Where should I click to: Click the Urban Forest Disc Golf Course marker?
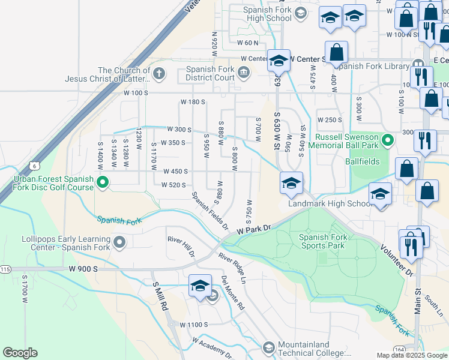102,181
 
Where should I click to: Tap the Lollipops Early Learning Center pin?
119,242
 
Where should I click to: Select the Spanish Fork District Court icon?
244,73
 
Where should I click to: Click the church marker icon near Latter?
158,74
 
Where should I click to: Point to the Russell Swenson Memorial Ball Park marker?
388,141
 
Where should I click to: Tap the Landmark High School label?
331,203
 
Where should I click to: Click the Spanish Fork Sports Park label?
322,241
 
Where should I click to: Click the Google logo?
20,353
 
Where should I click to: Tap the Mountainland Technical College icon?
268,347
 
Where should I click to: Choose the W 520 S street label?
174,185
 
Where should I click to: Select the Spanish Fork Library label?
371,66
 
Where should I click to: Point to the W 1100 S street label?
193,325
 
